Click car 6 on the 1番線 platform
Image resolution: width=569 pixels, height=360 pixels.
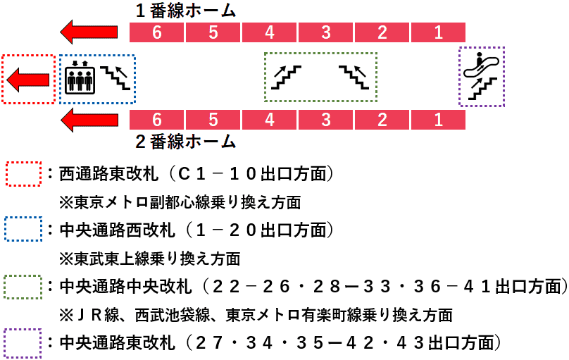[x=157, y=32]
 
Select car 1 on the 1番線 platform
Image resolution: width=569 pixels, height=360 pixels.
[x=438, y=32]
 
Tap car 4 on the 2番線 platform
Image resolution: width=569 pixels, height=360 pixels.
[x=269, y=120]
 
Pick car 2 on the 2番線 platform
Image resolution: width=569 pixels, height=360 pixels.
[x=382, y=120]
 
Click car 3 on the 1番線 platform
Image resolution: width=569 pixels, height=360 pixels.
[x=325, y=32]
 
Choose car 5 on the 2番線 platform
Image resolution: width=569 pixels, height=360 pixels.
[x=213, y=120]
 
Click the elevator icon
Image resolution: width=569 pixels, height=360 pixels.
[x=80, y=77]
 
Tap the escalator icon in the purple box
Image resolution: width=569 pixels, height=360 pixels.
[x=481, y=65]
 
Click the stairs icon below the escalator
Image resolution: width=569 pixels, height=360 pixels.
[x=482, y=89]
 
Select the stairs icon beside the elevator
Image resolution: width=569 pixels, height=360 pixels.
[x=115, y=77]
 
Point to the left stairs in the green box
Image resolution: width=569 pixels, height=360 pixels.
[x=286, y=77]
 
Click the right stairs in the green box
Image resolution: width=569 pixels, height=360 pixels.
[x=354, y=77]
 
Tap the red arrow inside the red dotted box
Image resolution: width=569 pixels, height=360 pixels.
[x=28, y=80]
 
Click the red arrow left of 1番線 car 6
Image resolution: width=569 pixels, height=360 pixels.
[x=89, y=32]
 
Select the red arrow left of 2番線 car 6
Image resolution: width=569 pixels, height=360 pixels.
[x=89, y=120]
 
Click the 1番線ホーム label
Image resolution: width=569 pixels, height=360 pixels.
[x=186, y=11]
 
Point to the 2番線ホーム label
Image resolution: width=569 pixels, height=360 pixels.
[x=186, y=142]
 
